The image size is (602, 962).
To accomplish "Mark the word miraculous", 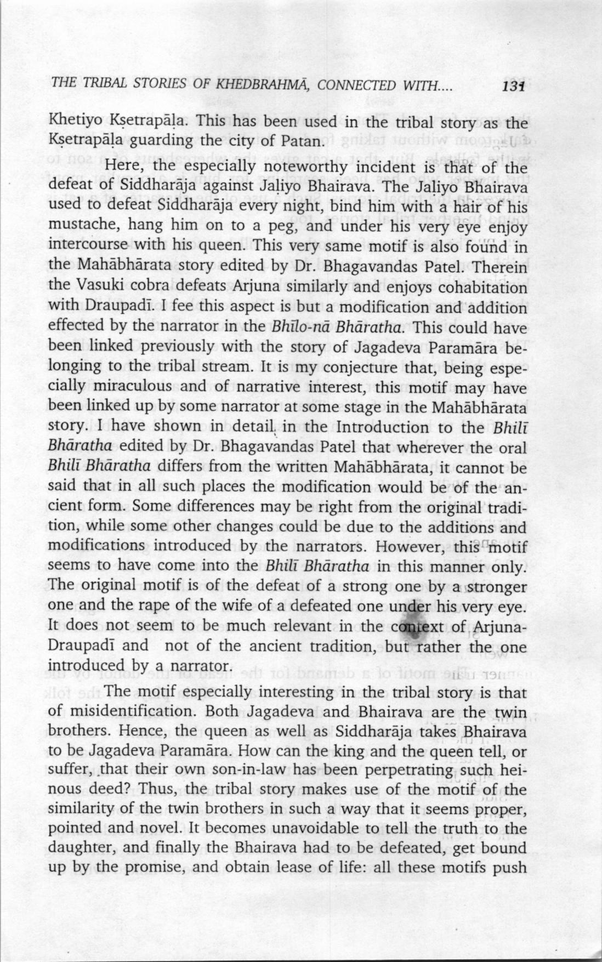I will [x=131, y=388].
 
